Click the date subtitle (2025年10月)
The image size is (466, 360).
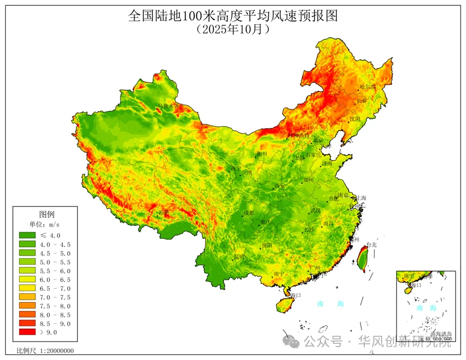pos(232,30)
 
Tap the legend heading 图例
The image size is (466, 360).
pos(47,214)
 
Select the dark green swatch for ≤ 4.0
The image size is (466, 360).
pos(27,235)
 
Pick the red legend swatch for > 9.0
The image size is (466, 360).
pos(27,333)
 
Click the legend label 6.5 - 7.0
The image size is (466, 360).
pos(58,288)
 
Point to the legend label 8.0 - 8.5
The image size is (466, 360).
pos(58,315)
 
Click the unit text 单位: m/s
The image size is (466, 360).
pos(47,224)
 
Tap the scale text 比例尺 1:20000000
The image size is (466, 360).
pos(45,351)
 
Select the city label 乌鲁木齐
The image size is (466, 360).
pos(167,107)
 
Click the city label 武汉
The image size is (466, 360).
pos(315,210)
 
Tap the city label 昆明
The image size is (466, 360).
pos(239,257)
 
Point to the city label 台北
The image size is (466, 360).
pos(371,245)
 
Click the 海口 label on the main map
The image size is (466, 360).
pos(295,295)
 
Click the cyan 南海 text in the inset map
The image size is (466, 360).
pos(426,307)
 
